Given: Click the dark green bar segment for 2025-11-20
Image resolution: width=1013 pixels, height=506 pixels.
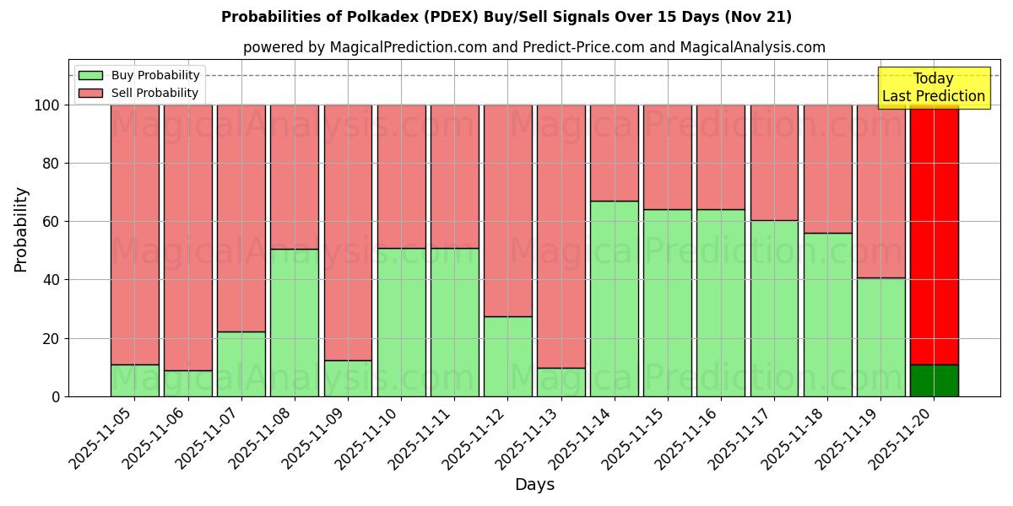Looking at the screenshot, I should (934, 380).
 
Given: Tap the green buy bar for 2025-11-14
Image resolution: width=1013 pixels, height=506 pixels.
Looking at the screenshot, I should (614, 299).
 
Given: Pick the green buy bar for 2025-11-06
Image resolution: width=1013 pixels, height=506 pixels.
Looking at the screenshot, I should (187, 384).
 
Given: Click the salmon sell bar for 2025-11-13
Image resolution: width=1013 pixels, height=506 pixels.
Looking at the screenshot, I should (561, 236).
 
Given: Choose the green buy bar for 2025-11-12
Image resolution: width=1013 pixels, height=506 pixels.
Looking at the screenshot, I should (507, 357).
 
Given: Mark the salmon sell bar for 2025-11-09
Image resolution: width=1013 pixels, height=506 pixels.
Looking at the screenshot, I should (348, 233).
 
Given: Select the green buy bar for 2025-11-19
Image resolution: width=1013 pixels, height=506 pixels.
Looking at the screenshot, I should (880, 337).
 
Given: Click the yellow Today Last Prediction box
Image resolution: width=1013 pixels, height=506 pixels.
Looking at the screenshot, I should (933, 88).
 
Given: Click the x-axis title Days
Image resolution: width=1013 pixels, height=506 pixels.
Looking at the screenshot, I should (534, 485).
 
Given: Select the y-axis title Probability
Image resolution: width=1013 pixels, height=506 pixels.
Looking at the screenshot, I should (21, 229).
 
